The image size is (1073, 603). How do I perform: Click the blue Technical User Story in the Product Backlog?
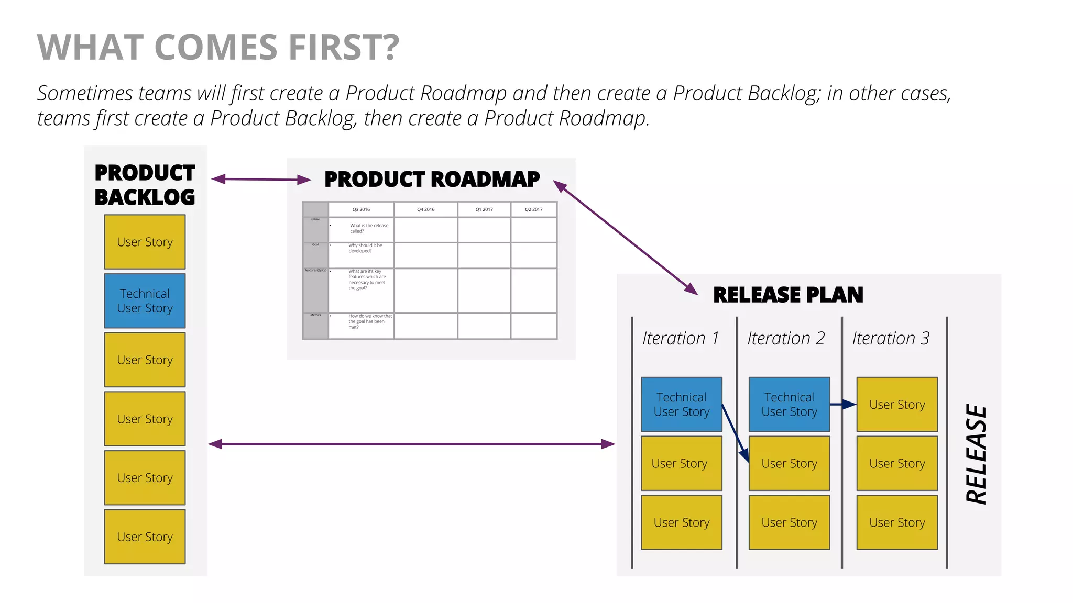point(145,301)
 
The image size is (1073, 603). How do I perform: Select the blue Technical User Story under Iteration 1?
point(681,404)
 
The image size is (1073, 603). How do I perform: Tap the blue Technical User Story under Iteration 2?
point(789,404)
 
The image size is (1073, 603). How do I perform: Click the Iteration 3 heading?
point(890,338)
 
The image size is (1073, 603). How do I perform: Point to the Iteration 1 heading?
point(680,338)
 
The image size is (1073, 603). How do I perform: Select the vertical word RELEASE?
point(977,454)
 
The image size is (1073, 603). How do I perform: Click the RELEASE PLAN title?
point(787,295)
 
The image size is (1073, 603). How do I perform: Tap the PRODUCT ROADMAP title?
point(432,179)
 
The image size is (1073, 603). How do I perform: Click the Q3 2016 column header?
point(361,209)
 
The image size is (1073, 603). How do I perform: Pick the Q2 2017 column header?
point(533,209)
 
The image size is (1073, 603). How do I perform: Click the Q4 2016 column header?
point(425,209)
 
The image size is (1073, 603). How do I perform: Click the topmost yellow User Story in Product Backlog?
point(145,242)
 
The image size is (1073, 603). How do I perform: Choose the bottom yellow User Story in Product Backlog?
point(145,537)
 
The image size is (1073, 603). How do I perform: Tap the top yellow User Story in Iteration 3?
point(896,404)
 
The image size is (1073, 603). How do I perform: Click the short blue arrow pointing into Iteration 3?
point(842,404)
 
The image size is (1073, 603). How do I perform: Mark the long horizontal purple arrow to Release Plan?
point(411,444)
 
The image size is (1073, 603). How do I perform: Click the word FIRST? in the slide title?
point(344,47)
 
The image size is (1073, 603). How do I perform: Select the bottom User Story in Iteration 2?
point(789,522)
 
